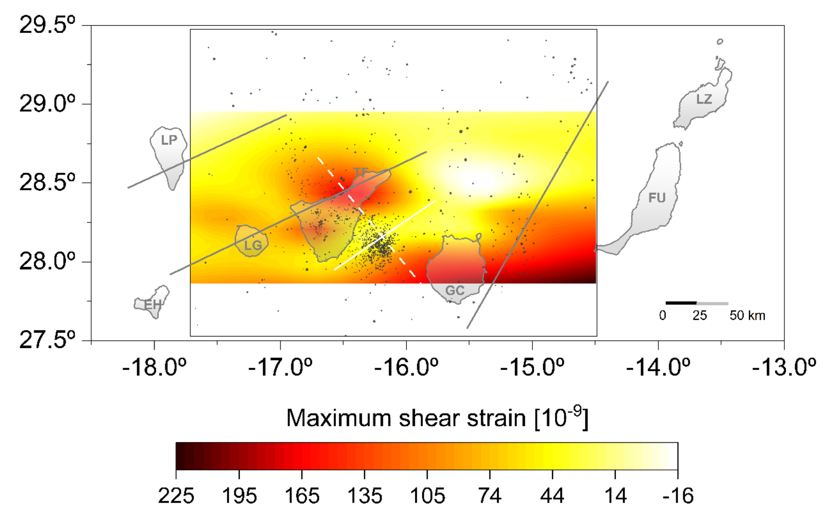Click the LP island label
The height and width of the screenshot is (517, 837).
click(x=169, y=140)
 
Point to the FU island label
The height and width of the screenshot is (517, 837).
click(x=657, y=198)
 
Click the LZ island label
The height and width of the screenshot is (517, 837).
click(x=704, y=99)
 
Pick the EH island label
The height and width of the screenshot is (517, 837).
click(x=152, y=304)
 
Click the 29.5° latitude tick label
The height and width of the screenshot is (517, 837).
click(x=47, y=25)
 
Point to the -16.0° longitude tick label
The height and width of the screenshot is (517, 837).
click(x=406, y=368)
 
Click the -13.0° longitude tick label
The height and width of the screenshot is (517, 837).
click(x=784, y=368)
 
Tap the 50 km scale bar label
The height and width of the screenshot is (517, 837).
click(x=747, y=315)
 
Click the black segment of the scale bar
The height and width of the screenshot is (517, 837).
click(x=681, y=303)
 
